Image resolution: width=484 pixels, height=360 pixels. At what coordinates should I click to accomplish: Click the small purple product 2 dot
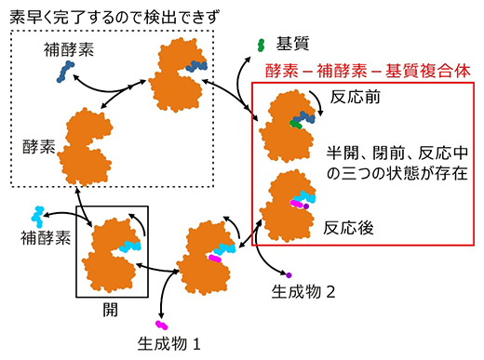[289, 274]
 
